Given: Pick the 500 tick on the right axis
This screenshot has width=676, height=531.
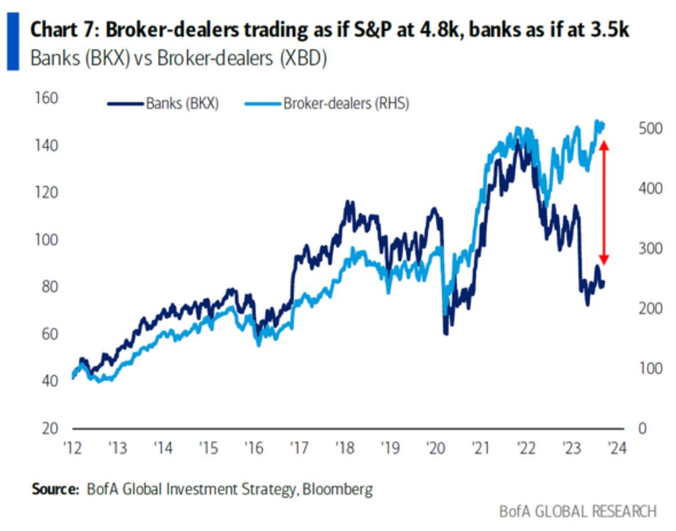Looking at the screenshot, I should point(651,129).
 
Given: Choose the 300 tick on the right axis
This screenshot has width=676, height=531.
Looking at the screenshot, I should point(651,248).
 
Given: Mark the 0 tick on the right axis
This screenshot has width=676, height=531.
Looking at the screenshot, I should point(642,428).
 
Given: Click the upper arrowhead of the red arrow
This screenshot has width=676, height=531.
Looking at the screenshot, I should point(603,145).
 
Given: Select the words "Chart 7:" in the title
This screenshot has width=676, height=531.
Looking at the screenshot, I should point(63,30).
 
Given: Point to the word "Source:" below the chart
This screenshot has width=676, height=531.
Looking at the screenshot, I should point(55,489).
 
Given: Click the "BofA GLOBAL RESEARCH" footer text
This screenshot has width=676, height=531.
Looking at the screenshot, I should point(577,511).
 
